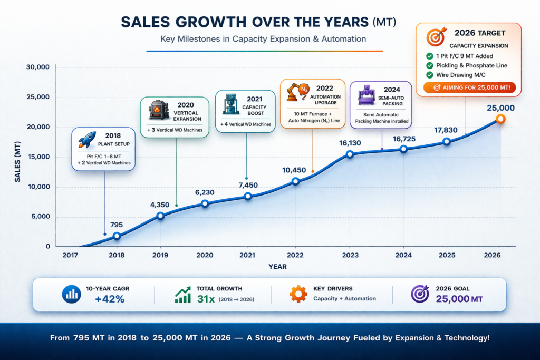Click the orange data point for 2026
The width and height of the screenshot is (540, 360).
pyautogui.click(x=500, y=119)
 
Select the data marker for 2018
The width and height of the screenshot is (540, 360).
pyautogui.click(x=117, y=236)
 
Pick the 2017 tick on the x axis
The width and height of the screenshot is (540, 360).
pyautogui.click(x=70, y=255)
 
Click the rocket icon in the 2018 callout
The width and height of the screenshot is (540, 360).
pyautogui.click(x=87, y=140)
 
